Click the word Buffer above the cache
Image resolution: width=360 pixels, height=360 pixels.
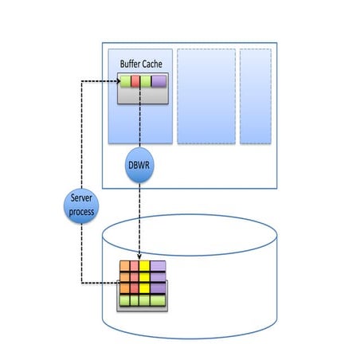click(x=131, y=64)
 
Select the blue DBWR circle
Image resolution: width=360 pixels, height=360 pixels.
click(x=140, y=166)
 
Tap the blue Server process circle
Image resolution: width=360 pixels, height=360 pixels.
click(x=80, y=205)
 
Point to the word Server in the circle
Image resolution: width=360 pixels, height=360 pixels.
click(x=80, y=200)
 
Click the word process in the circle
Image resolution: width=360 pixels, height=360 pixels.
click(x=80, y=212)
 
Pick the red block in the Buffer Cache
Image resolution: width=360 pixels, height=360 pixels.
click(x=135, y=80)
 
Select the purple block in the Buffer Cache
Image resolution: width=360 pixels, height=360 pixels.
click(x=158, y=80)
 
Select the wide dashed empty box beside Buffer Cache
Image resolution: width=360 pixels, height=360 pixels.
click(x=205, y=96)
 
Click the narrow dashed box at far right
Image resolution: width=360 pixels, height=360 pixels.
click(x=255, y=96)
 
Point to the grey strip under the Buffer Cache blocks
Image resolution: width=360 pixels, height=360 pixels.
click(x=143, y=95)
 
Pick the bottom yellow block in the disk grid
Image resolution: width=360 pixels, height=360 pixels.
click(x=145, y=288)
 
